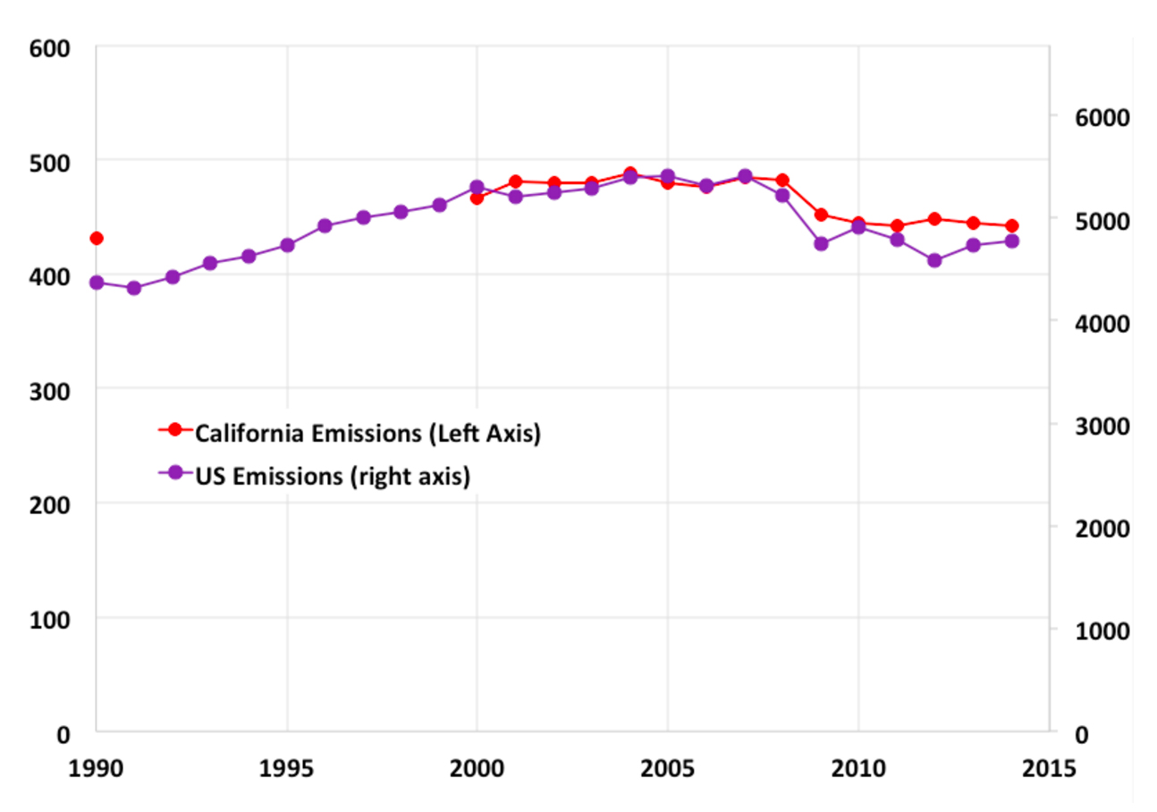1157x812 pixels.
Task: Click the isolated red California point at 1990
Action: point(97,238)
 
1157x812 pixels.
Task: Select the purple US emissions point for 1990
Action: point(97,283)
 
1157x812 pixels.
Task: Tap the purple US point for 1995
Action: point(287,245)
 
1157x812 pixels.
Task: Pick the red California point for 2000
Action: point(477,198)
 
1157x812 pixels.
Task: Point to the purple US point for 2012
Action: point(934,260)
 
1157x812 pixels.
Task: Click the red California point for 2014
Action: point(1011,226)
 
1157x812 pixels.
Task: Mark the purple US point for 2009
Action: point(821,243)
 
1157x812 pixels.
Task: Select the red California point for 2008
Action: point(782,181)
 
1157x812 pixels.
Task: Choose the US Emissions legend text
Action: point(333,476)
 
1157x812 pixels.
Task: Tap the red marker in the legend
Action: point(175,430)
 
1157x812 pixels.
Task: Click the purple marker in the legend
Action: point(175,473)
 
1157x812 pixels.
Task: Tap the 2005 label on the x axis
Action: point(667,768)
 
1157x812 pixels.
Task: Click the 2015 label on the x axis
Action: point(1049,768)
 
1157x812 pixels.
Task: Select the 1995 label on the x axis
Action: point(287,768)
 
